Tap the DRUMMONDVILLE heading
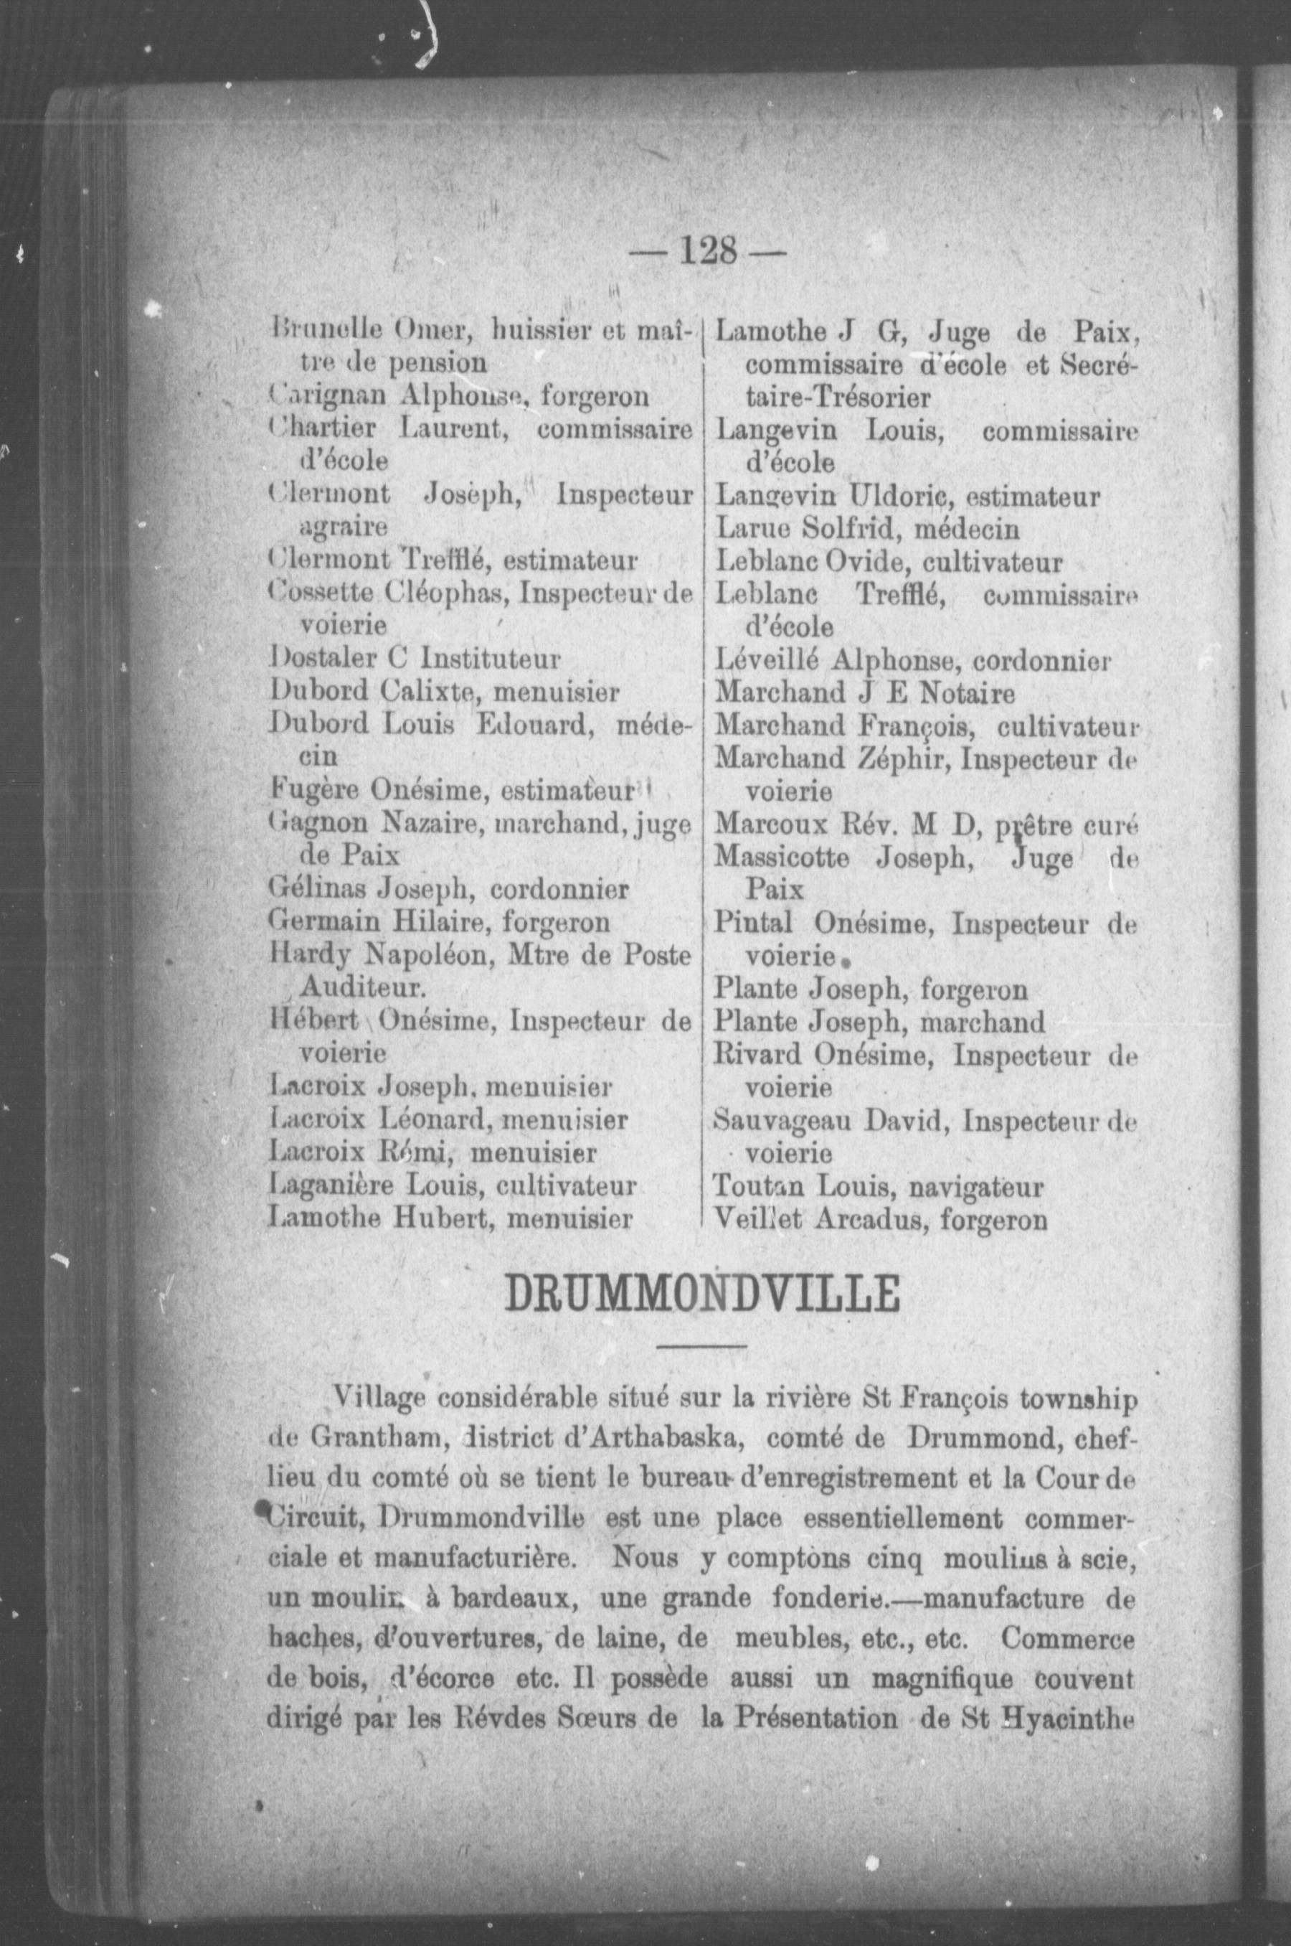coord(701,1294)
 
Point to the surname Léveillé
coord(765,659)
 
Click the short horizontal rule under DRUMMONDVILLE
coord(701,1346)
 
